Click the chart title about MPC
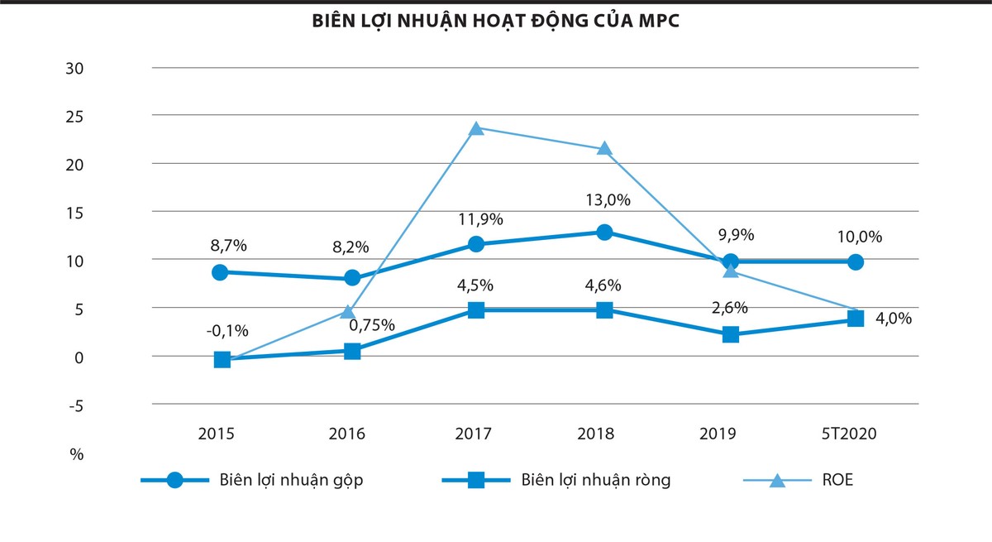coord(495,22)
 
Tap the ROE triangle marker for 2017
coord(475,129)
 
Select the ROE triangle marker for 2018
coord(604,149)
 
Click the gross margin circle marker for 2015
coord(220,272)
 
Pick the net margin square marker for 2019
coord(731,334)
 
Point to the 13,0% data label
coord(604,200)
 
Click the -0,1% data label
coord(227,330)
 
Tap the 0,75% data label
coord(371,324)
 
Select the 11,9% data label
coord(480,219)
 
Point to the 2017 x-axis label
coord(473,434)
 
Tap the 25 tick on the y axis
coord(74,116)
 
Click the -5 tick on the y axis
coord(73,405)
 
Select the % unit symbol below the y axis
coord(76,454)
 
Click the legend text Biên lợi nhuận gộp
coord(292,481)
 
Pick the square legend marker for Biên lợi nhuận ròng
coord(476,481)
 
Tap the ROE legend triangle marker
coord(777,481)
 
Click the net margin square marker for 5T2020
coord(856,319)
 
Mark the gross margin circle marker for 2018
coord(604,233)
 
